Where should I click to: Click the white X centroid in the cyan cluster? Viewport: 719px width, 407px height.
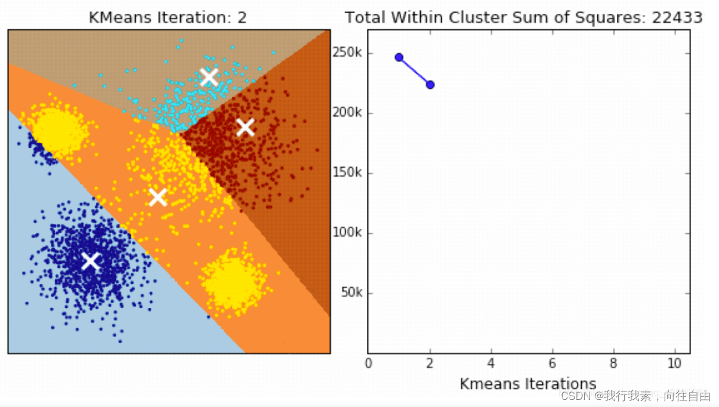(209, 77)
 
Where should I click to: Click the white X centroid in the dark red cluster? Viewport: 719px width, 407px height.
(245, 127)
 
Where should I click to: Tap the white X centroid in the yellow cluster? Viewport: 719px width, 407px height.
(158, 197)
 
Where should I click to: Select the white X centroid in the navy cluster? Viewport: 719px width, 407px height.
(90, 261)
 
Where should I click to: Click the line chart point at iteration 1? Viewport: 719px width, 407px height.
(399, 57)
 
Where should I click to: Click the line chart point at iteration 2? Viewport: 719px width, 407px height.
(430, 85)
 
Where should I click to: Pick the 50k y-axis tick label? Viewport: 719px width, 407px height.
(350, 293)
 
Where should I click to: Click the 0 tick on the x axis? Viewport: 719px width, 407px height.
(368, 363)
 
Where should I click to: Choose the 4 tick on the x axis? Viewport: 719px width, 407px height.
(491, 363)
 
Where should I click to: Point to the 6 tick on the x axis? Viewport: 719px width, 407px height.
(553, 363)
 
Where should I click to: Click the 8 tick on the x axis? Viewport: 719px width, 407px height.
(614, 363)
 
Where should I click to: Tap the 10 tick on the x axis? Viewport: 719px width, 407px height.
(675, 363)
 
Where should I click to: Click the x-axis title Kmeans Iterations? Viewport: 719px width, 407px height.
(528, 383)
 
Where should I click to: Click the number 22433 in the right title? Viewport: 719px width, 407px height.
(677, 18)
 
